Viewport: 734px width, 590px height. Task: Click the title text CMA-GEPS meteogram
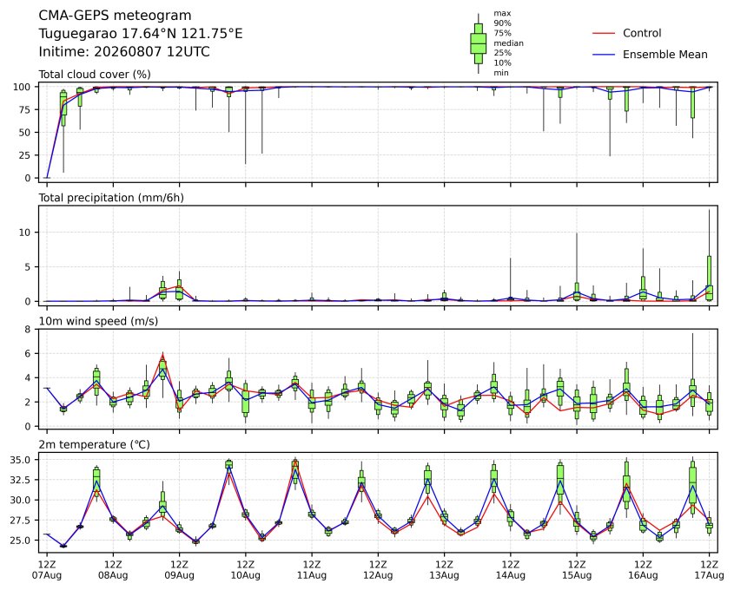(x=115, y=16)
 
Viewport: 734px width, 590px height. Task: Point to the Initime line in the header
(x=124, y=51)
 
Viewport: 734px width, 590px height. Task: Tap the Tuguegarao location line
(x=141, y=34)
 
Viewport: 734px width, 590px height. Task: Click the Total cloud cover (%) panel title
(x=95, y=75)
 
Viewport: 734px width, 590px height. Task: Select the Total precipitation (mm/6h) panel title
(x=111, y=198)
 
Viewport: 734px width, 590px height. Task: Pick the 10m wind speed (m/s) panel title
(x=98, y=321)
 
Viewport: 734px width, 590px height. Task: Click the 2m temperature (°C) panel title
(x=94, y=444)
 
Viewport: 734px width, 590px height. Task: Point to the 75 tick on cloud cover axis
(x=25, y=110)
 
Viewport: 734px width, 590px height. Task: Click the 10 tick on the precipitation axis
(x=25, y=233)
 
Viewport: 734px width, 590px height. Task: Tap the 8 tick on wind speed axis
(x=28, y=330)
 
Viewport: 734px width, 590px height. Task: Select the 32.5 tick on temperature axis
(x=21, y=480)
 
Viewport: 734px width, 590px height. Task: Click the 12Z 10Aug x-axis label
(x=245, y=570)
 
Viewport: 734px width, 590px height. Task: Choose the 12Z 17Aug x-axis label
(x=709, y=570)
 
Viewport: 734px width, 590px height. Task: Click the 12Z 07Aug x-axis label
(x=46, y=570)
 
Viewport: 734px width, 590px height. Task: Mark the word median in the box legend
(x=508, y=43)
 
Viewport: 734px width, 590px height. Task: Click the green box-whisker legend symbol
(x=478, y=43)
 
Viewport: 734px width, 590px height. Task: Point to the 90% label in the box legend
(x=502, y=23)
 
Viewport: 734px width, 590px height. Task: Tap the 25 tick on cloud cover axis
(x=25, y=155)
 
